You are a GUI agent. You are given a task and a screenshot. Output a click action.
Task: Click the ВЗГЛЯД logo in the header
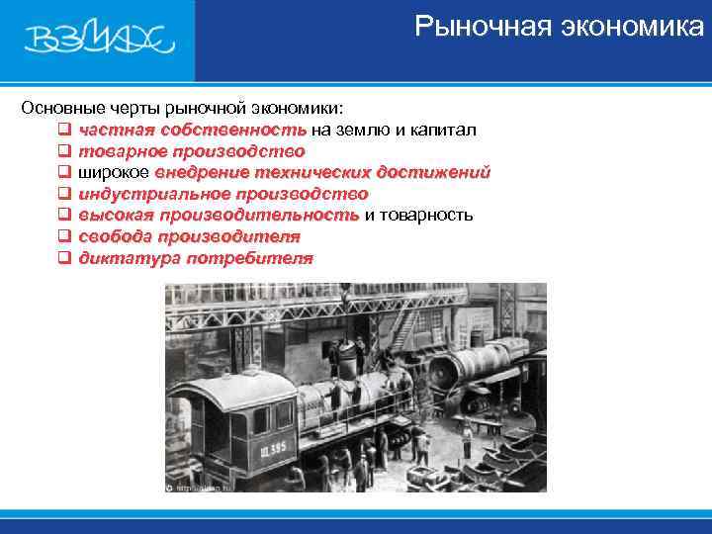tap(98, 40)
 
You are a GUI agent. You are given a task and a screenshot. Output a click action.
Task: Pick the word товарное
tap(122, 151)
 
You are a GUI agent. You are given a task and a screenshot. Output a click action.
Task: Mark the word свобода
tap(112, 236)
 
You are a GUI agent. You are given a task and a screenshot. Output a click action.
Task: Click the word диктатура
tap(124, 258)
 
